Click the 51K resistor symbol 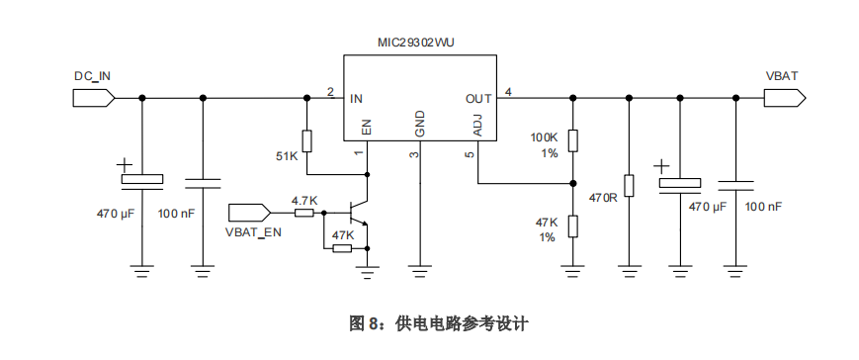306,140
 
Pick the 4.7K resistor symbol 303,212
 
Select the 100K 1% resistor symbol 573,140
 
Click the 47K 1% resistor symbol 573,227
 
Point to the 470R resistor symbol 629,185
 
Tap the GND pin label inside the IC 420,124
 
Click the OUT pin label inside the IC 478,98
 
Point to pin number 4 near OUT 508,92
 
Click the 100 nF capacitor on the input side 203,183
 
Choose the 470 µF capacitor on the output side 680,183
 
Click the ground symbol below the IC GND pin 420,267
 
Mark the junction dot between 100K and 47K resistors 573,183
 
